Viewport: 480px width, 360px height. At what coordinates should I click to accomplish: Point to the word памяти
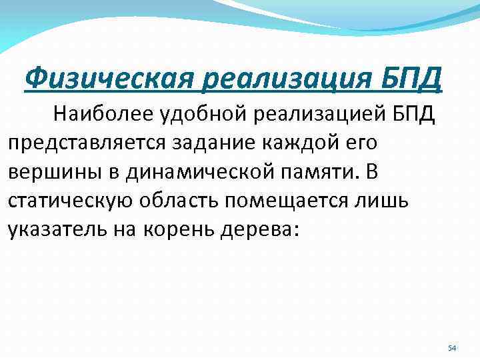point(315,171)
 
